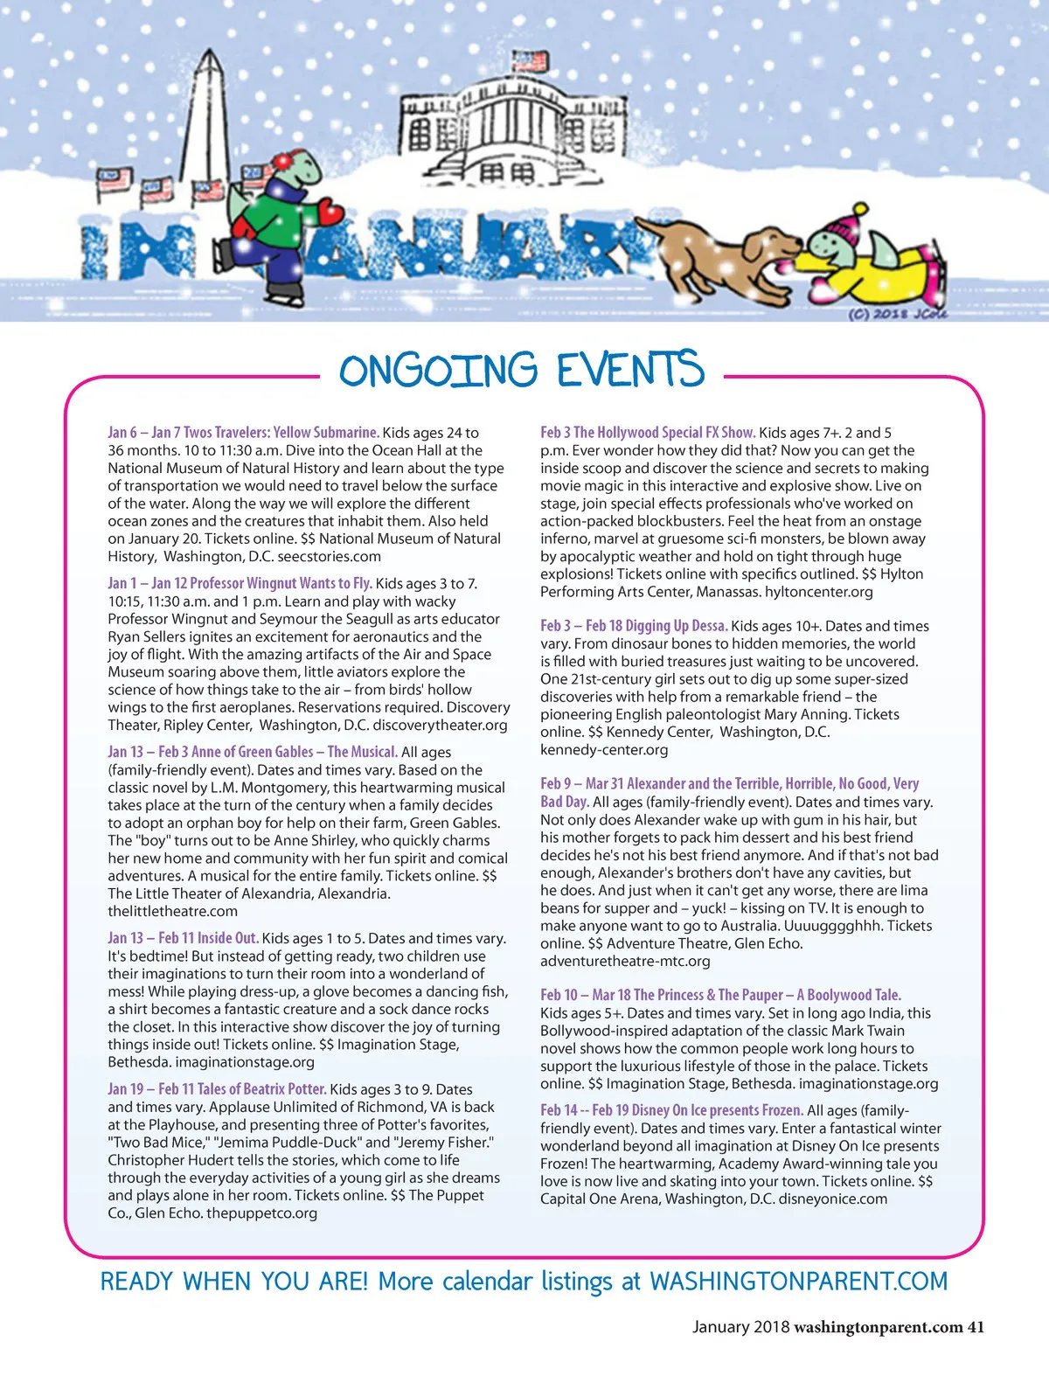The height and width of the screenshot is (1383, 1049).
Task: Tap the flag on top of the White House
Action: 529,62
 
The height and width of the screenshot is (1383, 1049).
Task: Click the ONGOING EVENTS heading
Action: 522,371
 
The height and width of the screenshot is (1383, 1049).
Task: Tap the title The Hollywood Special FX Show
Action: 663,432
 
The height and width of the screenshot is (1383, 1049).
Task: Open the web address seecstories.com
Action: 330,557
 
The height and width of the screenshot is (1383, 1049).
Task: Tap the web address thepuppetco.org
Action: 261,1213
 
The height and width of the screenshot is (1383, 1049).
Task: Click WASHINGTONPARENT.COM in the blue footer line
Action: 798,1282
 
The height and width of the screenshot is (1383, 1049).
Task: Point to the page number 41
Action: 975,1327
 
